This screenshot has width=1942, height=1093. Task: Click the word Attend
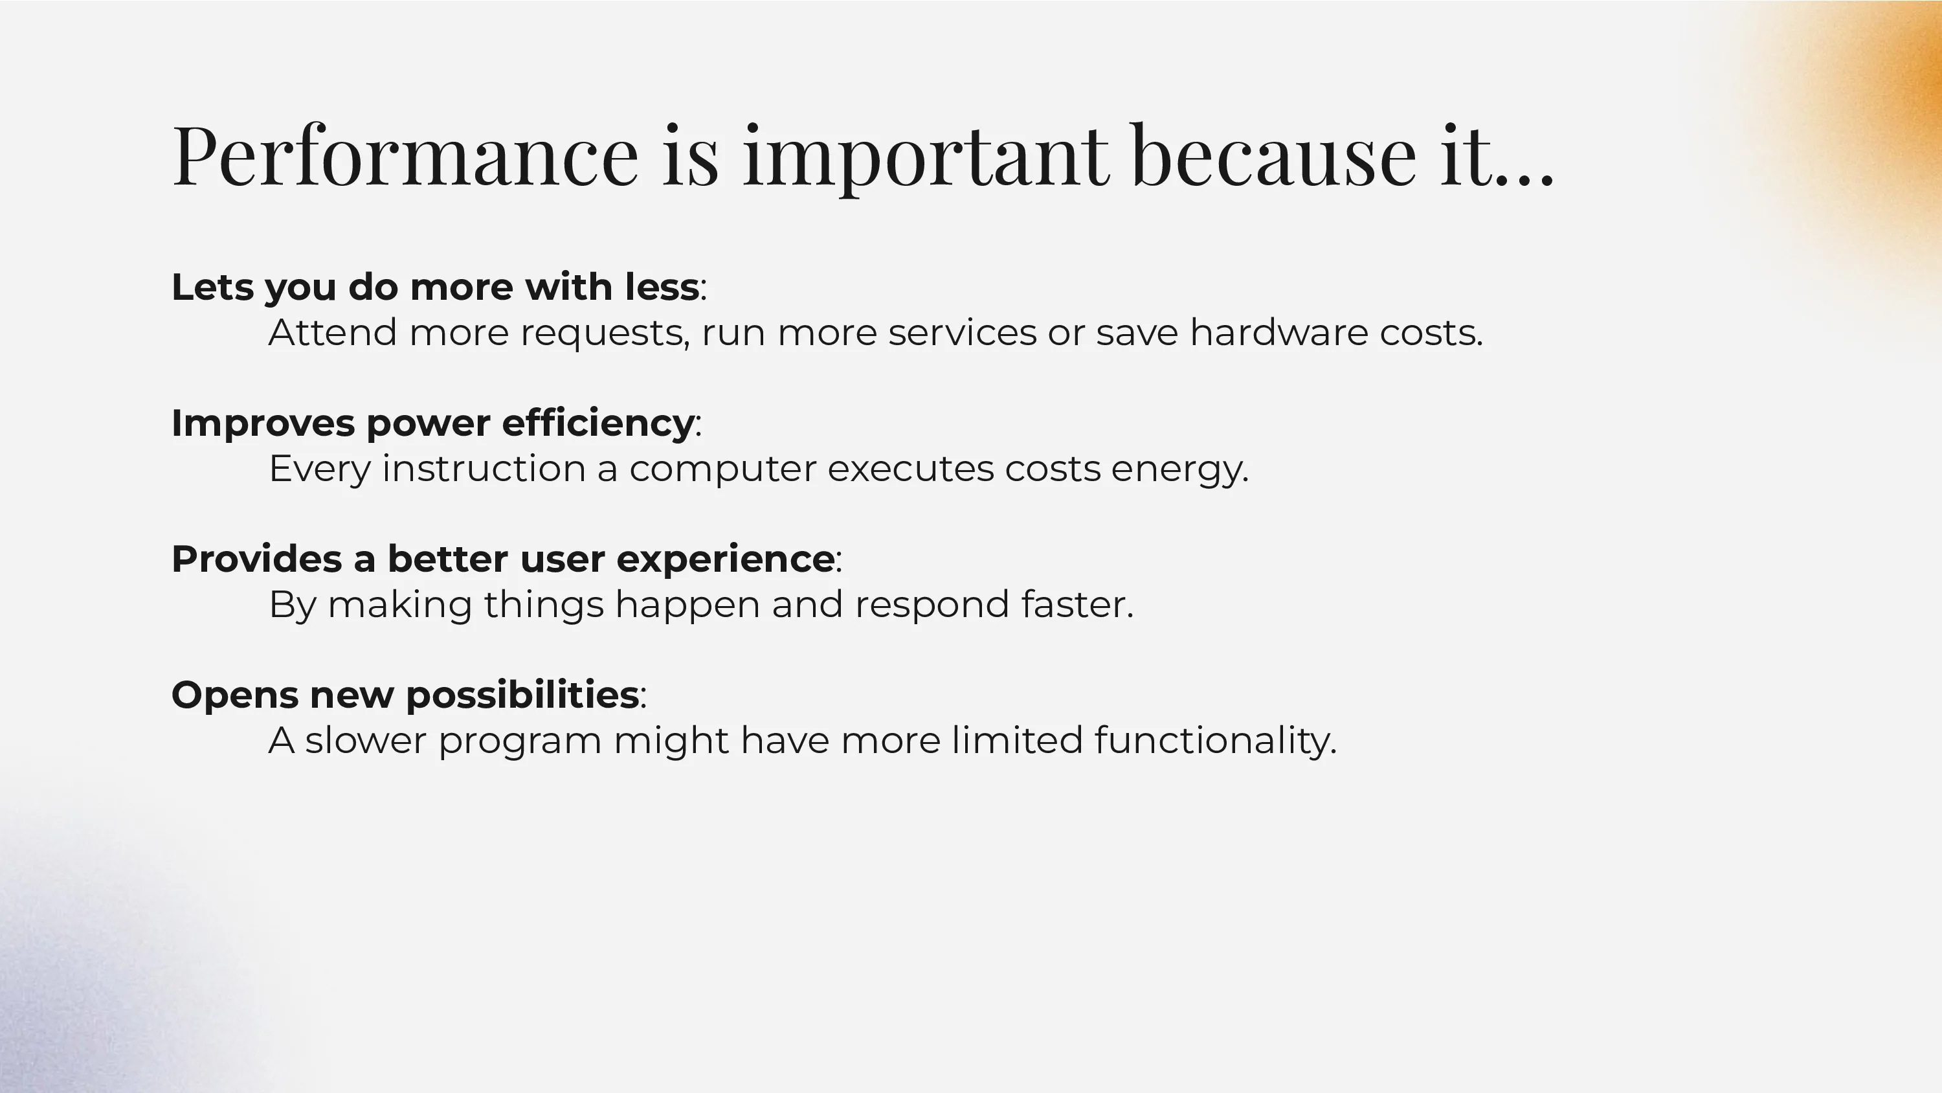[x=333, y=332]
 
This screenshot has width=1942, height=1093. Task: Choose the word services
[x=962, y=332]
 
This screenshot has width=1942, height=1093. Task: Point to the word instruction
[x=484, y=468]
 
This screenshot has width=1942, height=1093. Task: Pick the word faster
[x=1077, y=603]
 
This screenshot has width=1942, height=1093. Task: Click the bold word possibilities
[x=522, y=696]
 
